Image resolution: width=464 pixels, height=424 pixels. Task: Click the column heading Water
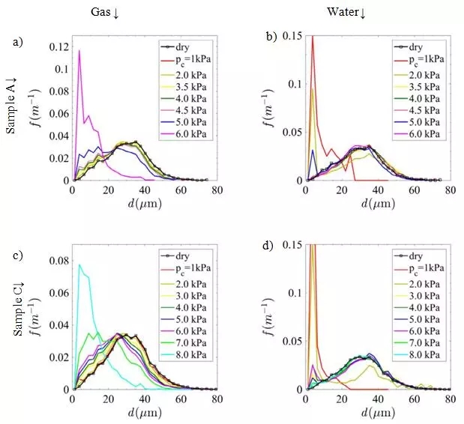(x=343, y=12)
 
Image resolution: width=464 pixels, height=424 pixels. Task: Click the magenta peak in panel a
(x=79, y=51)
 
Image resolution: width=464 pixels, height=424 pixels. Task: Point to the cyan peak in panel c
(x=79, y=264)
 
